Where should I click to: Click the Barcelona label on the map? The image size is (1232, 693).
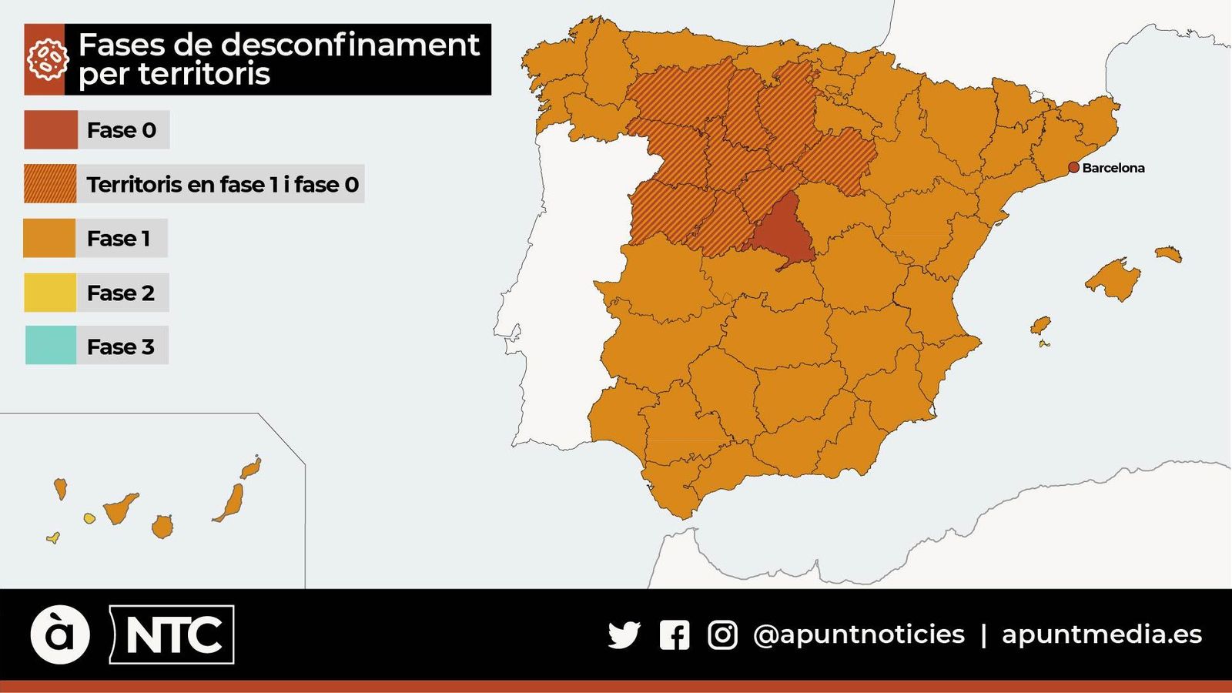1113,168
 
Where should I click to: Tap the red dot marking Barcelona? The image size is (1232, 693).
1073,167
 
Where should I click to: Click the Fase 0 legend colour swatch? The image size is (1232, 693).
51,129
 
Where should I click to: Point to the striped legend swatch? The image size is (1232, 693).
51,183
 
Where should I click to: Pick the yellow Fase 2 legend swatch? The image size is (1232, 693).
51,293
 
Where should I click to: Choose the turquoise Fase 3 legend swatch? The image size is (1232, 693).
51,345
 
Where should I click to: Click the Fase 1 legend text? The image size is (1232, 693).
119,239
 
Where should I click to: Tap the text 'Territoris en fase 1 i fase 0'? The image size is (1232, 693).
223,185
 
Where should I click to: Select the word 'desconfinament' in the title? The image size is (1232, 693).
350,45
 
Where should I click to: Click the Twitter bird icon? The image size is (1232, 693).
624,634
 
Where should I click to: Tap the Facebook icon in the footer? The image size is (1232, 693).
675,635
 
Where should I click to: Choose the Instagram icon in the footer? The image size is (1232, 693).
722,635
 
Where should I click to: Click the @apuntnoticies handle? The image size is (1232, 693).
859,634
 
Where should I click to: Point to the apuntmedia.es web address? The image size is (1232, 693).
1101,634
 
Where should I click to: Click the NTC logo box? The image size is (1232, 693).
172,634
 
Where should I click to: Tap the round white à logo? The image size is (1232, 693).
60,634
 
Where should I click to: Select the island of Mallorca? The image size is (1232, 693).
1112,279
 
